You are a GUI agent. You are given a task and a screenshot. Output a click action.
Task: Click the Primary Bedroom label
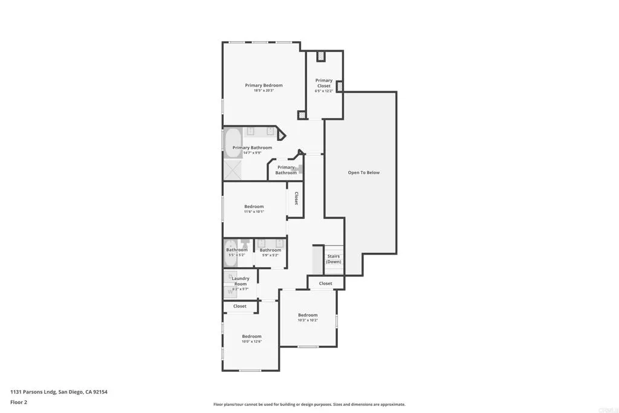(264, 85)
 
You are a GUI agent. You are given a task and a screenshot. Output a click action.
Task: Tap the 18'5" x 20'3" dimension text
(264, 91)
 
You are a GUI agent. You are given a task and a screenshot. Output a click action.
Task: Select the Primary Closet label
(324, 83)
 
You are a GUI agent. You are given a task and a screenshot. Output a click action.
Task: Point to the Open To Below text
(363, 172)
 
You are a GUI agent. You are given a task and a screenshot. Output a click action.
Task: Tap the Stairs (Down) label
(334, 259)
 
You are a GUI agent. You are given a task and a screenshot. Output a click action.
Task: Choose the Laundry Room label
(241, 281)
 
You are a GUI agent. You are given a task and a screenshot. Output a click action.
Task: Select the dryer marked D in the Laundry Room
(230, 276)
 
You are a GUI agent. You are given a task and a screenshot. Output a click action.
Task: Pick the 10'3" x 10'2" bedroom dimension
(307, 320)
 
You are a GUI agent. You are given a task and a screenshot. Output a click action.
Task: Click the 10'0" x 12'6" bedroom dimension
(251, 342)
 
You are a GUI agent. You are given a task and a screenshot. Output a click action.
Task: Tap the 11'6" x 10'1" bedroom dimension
(254, 212)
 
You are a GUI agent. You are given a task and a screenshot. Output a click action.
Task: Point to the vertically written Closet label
(296, 198)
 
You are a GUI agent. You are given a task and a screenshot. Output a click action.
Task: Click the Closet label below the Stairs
(325, 283)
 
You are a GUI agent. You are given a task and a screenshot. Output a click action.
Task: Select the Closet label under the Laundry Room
(240, 306)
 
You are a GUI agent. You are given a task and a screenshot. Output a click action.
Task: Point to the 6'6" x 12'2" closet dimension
(324, 91)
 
